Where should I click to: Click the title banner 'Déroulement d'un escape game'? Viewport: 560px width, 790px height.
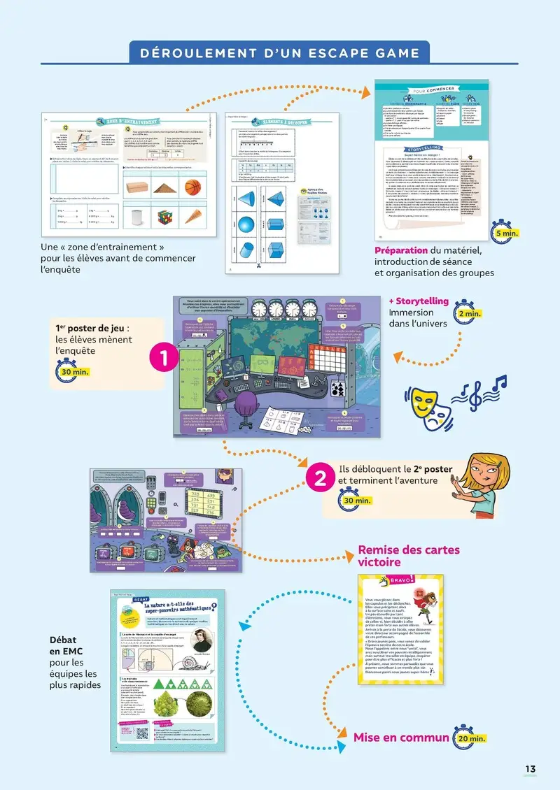click(280, 53)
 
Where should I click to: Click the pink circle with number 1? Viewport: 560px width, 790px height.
click(163, 359)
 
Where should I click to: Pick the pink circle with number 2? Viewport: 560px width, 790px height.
click(320, 479)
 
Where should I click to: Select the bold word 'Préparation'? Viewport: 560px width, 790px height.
click(400, 250)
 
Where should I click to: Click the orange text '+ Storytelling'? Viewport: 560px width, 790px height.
click(418, 301)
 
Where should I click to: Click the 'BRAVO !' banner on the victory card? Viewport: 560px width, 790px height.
click(397, 581)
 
